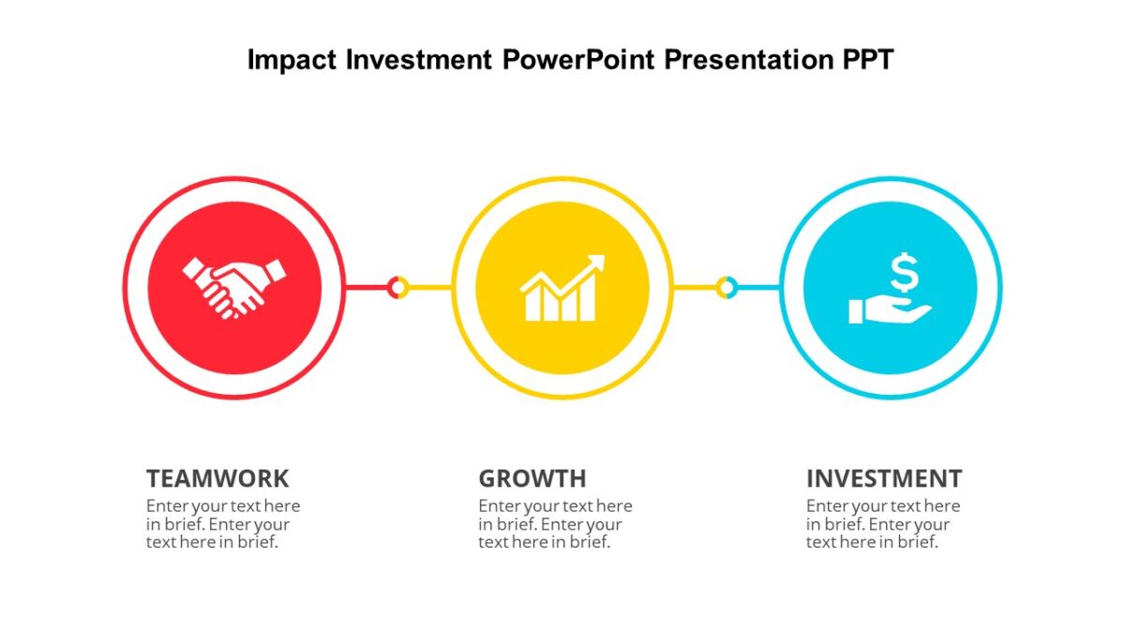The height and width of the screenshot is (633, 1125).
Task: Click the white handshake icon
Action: tap(233, 287)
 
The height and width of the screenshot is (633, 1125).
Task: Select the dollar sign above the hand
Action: tap(904, 273)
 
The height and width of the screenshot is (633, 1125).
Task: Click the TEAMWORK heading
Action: tap(217, 478)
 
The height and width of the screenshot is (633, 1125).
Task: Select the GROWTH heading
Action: tap(532, 478)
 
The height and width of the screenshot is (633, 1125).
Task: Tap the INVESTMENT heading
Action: tap(883, 478)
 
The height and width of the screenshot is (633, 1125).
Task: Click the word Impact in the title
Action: tap(292, 60)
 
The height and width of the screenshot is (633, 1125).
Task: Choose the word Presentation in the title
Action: tap(743, 60)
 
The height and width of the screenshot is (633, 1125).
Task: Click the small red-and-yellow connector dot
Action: tap(397, 287)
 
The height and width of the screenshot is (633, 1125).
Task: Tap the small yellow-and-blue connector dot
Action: tap(726, 287)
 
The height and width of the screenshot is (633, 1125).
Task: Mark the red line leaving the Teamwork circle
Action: tap(366, 287)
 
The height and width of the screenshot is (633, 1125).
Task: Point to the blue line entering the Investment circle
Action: tap(757, 287)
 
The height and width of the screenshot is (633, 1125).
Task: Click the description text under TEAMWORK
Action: tap(222, 524)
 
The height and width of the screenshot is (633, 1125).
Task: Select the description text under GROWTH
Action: tap(555, 524)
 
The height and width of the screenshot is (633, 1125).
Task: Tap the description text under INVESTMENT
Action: tap(882, 524)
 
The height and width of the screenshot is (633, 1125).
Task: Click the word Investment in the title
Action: tap(419, 60)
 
